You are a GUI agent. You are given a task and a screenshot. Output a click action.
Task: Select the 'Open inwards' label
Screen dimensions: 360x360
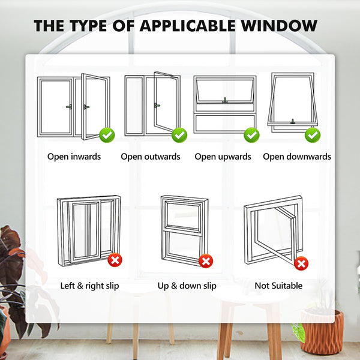74,157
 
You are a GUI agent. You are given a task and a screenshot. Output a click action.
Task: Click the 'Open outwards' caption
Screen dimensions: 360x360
150,157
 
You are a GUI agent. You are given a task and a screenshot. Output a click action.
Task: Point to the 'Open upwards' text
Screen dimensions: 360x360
223,157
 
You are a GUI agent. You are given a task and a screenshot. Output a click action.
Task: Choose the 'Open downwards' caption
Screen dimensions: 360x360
297,157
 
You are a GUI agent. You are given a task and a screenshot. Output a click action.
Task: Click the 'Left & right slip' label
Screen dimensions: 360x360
90,286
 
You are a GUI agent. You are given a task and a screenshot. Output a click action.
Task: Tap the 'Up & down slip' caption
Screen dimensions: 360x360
187,286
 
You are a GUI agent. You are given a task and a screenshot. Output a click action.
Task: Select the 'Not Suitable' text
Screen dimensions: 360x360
278,286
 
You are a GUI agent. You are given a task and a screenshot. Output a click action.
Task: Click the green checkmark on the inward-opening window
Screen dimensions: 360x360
107,135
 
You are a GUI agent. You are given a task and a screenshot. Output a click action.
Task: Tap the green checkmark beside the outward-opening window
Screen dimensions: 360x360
179,135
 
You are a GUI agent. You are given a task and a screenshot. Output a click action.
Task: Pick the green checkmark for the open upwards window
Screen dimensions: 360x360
252,135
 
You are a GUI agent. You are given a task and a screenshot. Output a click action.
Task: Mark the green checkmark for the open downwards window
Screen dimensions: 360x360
312,135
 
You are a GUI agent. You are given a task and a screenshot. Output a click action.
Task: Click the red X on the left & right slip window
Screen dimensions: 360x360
114,260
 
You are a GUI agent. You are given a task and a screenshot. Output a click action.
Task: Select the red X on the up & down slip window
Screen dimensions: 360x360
206,261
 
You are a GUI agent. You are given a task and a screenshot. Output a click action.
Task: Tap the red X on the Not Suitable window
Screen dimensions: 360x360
301,263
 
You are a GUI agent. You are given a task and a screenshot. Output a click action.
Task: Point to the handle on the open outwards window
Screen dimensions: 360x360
157,106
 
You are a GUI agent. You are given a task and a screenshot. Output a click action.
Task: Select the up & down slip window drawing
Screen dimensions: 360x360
182,230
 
